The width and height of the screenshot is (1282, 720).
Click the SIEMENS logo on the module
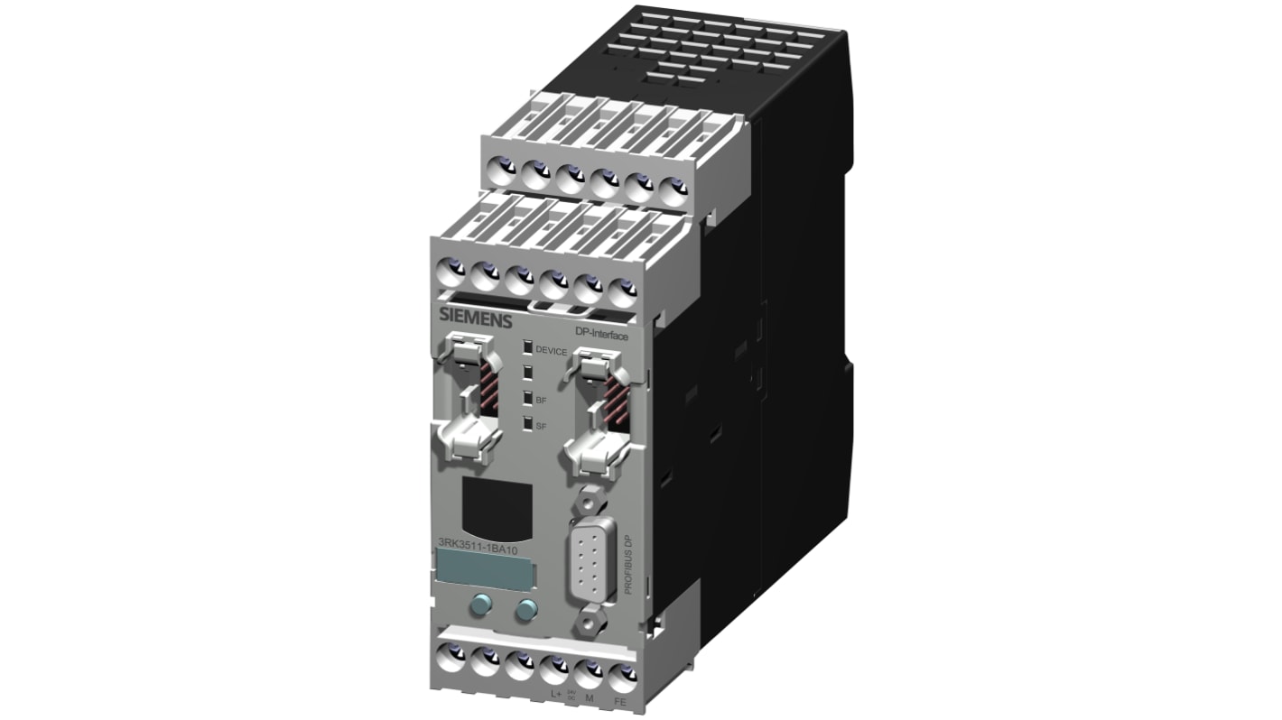tap(475, 318)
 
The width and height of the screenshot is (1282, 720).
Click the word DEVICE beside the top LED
tap(552, 350)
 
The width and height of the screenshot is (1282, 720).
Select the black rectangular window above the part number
tap(494, 505)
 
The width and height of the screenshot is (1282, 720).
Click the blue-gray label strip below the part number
tap(483, 569)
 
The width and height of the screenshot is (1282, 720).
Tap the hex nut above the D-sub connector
tap(588, 496)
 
